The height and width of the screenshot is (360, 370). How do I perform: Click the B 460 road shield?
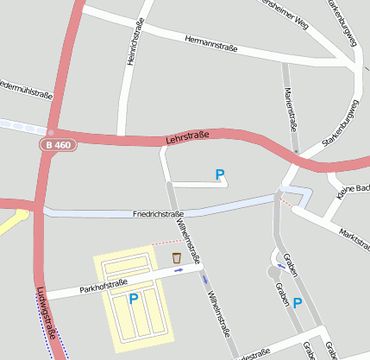pos(56,146)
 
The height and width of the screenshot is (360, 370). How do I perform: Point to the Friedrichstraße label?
pos(159,213)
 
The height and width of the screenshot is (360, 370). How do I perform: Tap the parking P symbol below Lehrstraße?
pos(220,175)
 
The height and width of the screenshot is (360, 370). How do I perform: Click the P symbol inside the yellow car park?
pos(133,299)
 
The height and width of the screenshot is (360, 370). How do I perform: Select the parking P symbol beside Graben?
pos(298,302)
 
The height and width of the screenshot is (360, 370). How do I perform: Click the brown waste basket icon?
pos(177,257)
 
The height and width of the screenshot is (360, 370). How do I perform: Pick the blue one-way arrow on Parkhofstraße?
pos(179,271)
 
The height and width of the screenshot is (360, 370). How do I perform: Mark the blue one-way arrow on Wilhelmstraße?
pos(204,279)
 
